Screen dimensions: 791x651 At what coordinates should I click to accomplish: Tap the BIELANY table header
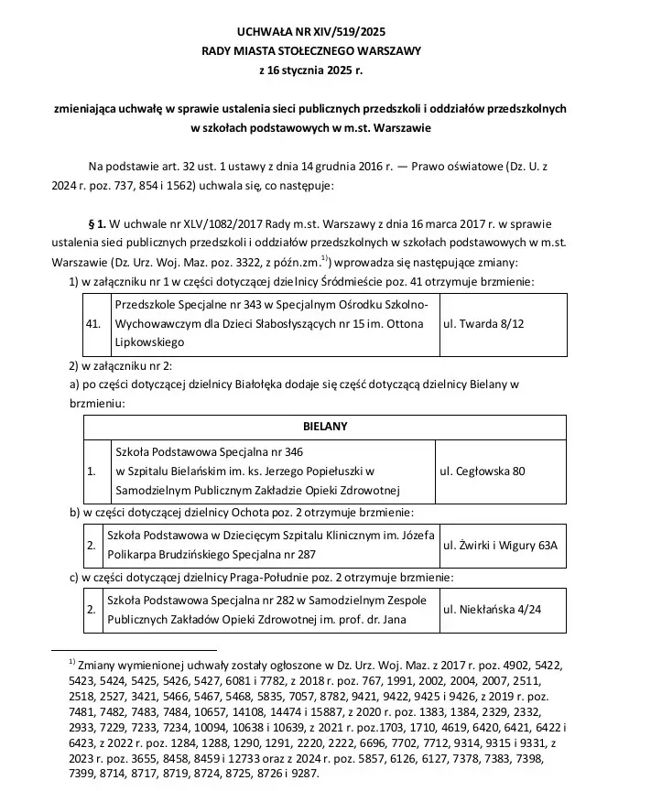click(x=324, y=427)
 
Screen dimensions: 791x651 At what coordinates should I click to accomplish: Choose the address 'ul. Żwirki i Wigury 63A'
click(x=499, y=545)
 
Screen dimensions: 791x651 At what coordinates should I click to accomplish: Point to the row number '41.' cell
click(x=92, y=324)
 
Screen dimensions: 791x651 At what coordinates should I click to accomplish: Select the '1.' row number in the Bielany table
click(x=91, y=471)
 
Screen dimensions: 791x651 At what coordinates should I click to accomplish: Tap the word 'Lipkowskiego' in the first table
click(x=147, y=342)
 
